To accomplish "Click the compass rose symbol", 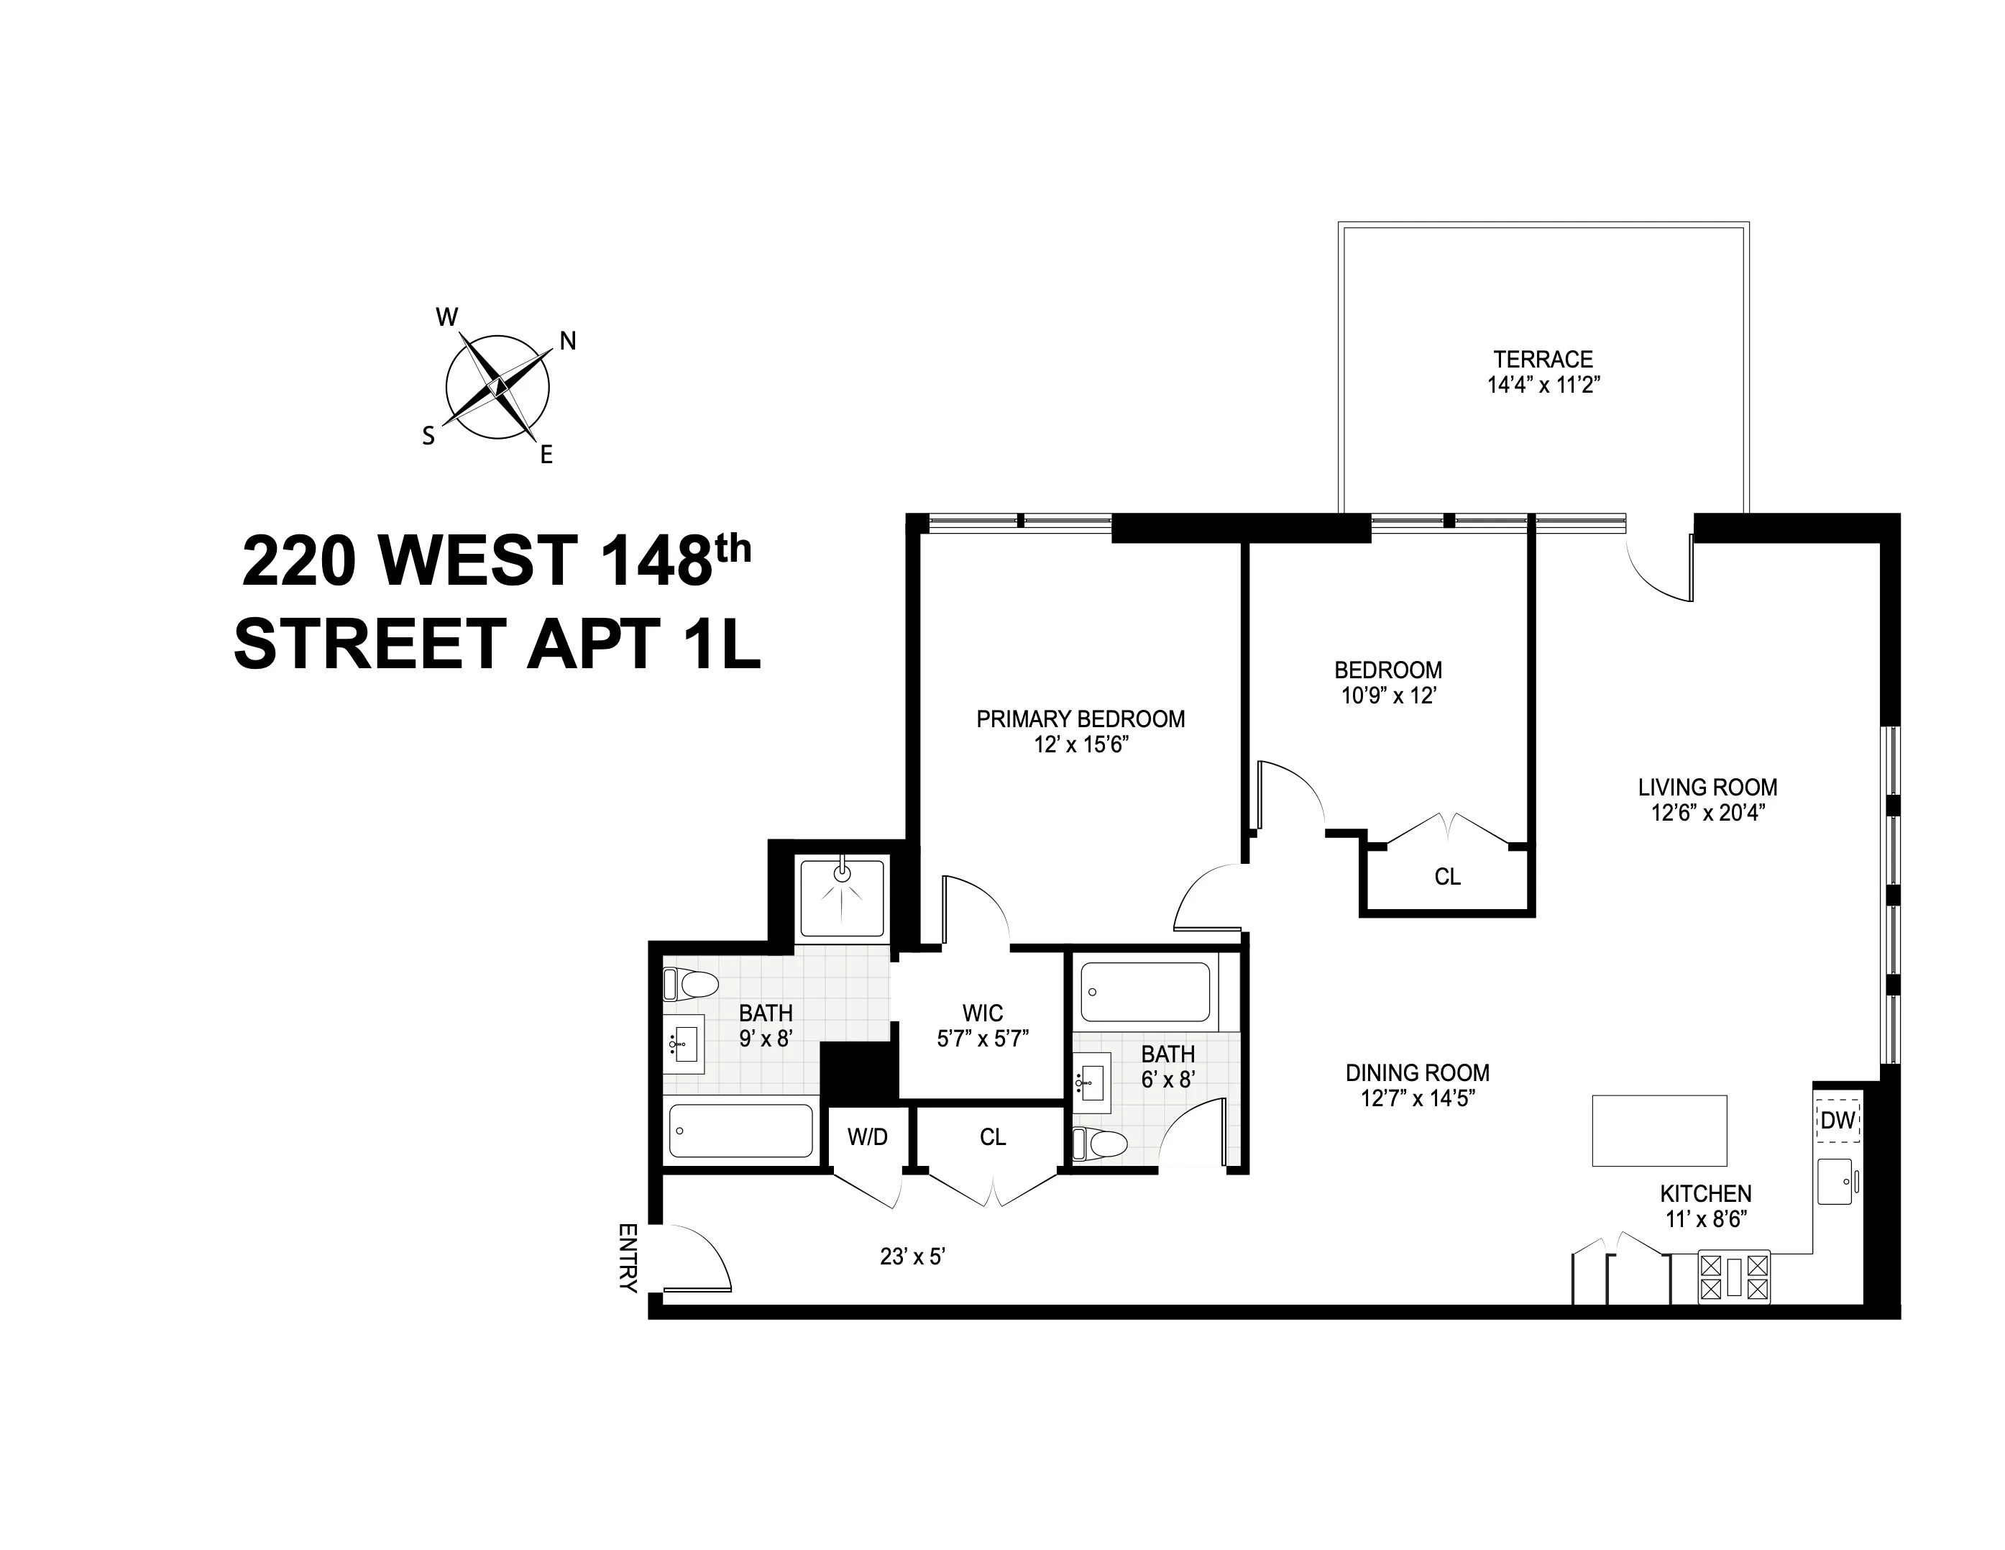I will [497, 386].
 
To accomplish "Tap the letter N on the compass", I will [568, 342].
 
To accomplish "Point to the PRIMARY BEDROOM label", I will [1081, 719].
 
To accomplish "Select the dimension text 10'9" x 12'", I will [1388, 696].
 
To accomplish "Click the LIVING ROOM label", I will [1707, 787].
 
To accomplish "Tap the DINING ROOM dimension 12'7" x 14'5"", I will [1418, 1098].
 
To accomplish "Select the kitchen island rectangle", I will [1659, 1131].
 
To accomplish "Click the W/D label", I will [868, 1138].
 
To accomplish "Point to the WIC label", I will [982, 1013].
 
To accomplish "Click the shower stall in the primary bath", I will [842, 897].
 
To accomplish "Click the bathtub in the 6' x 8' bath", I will [1144, 992].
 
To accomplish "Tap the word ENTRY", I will [628, 1257].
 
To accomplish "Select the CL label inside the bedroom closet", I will [1447, 877].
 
